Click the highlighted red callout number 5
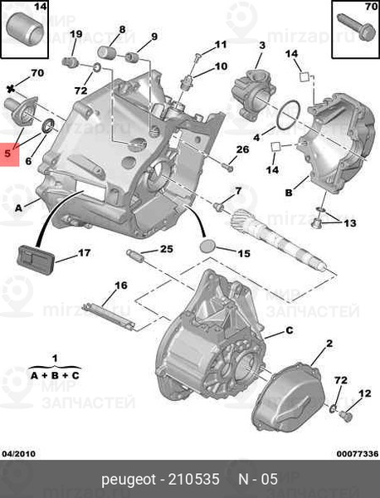pyautogui.click(x=8, y=154)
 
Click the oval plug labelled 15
pyautogui.click(x=209, y=248)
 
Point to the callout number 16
pyautogui.click(x=121, y=286)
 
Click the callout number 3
pyautogui.click(x=261, y=45)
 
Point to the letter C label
pyautogui.click(x=290, y=330)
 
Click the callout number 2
pyautogui.click(x=329, y=343)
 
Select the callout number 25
pyautogui.click(x=167, y=248)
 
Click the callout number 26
pyautogui.click(x=242, y=149)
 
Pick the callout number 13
pyautogui.click(x=349, y=223)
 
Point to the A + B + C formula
pyautogui.click(x=55, y=375)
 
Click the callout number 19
pyautogui.click(x=76, y=34)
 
